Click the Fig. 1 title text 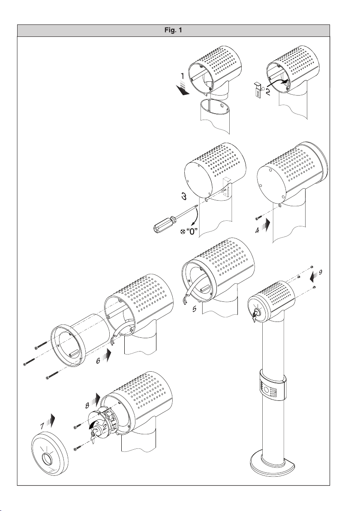click(x=173, y=30)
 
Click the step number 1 click(x=183, y=76)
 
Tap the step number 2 click(x=268, y=92)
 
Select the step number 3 click(x=184, y=196)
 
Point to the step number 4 click(x=258, y=230)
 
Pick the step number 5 click(x=194, y=309)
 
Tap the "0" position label click(x=192, y=232)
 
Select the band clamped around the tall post click(x=273, y=386)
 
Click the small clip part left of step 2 click(x=258, y=89)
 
